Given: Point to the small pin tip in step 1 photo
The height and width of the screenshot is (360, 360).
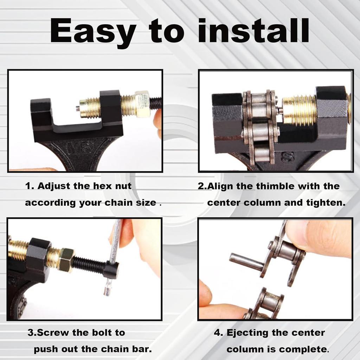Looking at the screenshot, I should pos(77,109).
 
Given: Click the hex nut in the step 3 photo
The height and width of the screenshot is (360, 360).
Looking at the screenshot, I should pos(66,260).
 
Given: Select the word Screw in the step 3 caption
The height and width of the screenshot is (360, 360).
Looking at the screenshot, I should pos(52,332).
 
